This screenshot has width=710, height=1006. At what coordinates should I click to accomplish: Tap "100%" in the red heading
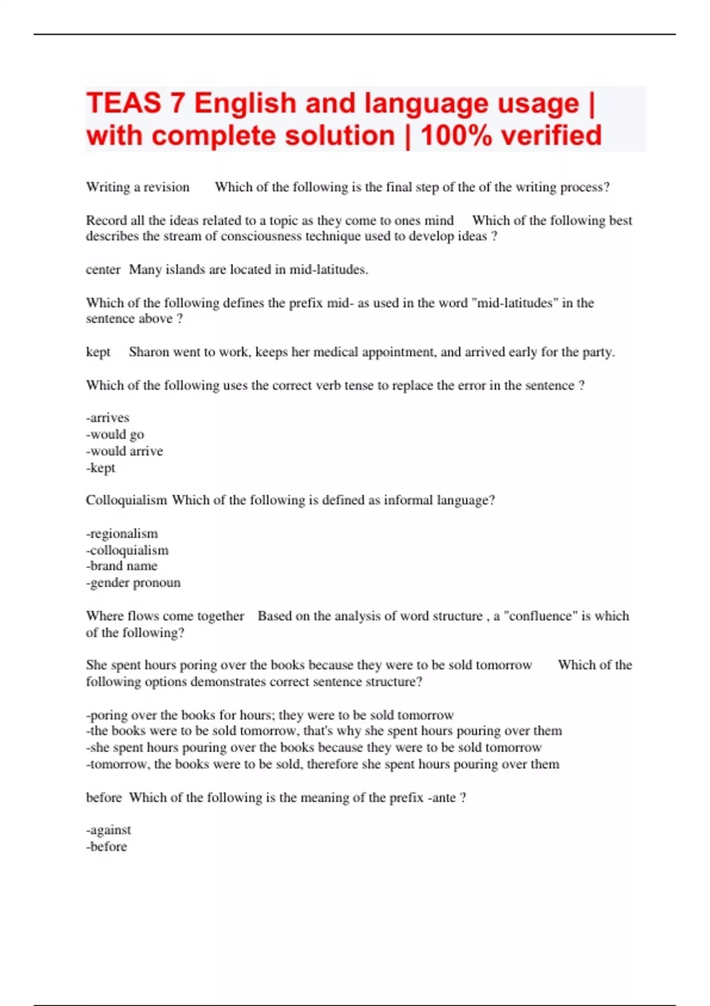[x=456, y=136]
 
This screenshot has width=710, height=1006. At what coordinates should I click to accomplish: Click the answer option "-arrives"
[x=108, y=418]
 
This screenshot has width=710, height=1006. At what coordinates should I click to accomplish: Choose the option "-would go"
[x=115, y=434]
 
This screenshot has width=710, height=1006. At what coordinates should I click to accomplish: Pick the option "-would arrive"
[x=124, y=451]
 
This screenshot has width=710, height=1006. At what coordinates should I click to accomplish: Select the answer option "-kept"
[x=101, y=467]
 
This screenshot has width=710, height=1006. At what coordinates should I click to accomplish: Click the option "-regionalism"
[x=122, y=533]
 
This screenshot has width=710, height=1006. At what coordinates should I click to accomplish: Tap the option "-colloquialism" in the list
[x=127, y=550]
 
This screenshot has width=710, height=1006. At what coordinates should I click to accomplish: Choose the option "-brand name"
[x=122, y=566]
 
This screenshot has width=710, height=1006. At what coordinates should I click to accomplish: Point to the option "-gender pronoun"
[x=133, y=582]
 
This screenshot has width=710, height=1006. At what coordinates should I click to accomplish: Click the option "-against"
[x=109, y=830]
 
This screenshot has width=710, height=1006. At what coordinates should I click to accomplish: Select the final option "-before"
[x=106, y=846]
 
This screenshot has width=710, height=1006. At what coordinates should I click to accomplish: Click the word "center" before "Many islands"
[x=103, y=270]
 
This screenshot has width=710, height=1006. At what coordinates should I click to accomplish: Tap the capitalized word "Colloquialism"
[x=127, y=500]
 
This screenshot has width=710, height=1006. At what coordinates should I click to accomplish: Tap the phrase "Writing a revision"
[x=138, y=187]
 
